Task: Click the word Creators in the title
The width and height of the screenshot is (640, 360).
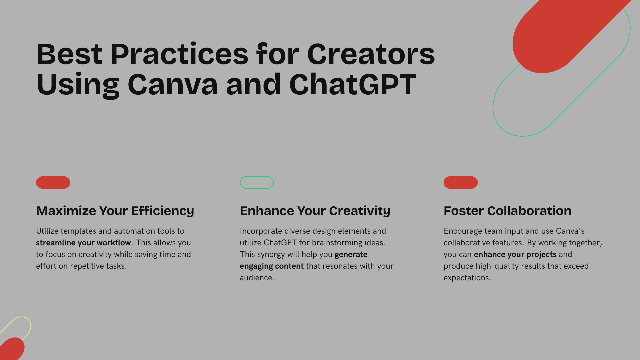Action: click(x=371, y=54)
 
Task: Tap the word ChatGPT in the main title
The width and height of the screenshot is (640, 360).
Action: click(x=352, y=85)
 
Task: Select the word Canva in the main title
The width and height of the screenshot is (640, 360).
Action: click(x=173, y=85)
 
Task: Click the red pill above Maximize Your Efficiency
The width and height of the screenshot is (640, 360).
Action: click(x=53, y=182)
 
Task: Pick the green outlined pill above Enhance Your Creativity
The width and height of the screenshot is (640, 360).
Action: click(x=257, y=182)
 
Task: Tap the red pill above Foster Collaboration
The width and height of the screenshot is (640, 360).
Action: click(x=460, y=182)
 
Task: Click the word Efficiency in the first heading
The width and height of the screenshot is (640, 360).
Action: click(x=162, y=211)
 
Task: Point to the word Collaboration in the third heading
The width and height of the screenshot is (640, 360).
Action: click(x=529, y=211)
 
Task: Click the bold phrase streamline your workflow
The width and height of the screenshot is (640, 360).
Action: click(x=83, y=243)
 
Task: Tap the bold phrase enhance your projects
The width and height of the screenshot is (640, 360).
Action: click(x=515, y=254)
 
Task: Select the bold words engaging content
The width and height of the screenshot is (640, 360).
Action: click(x=271, y=266)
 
